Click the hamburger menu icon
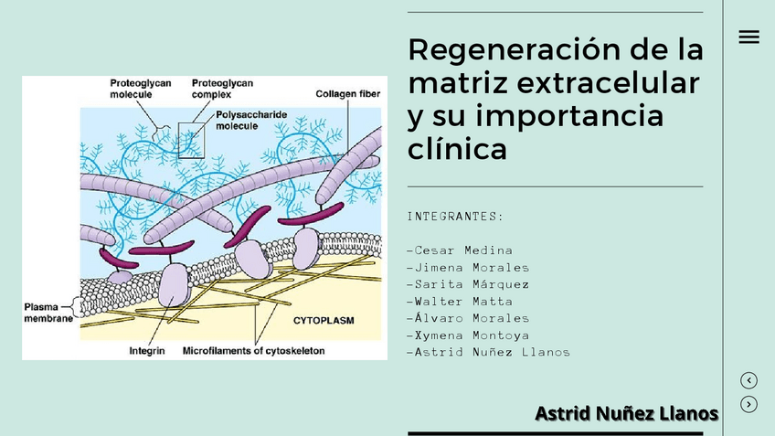748,37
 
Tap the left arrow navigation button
748,380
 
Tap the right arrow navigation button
748,404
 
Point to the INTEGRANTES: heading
455,217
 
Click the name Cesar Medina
460,250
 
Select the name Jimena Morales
468,268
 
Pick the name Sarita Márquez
468,284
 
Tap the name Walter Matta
460,302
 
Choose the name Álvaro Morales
468,318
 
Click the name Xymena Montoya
468,335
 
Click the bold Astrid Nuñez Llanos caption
627,414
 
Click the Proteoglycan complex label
222,88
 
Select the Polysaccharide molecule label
250,120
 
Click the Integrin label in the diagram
147,350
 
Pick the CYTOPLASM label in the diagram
323,321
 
